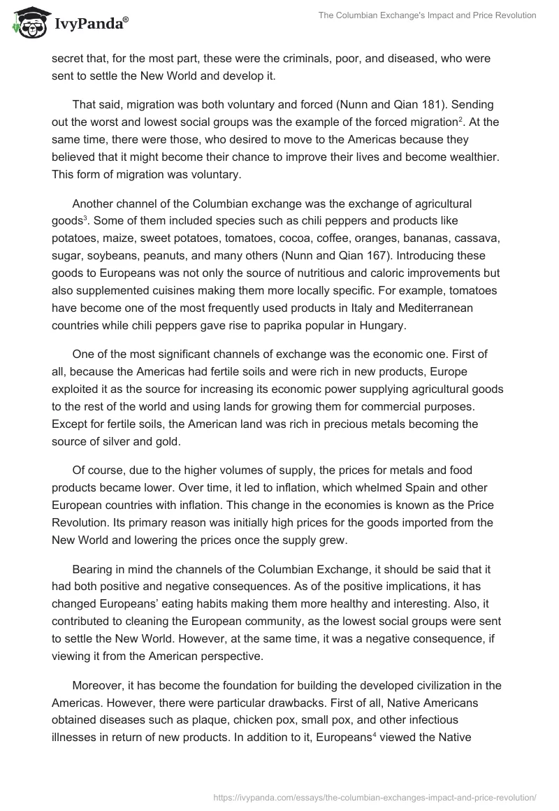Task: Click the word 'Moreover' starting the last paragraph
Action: click(x=98, y=686)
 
